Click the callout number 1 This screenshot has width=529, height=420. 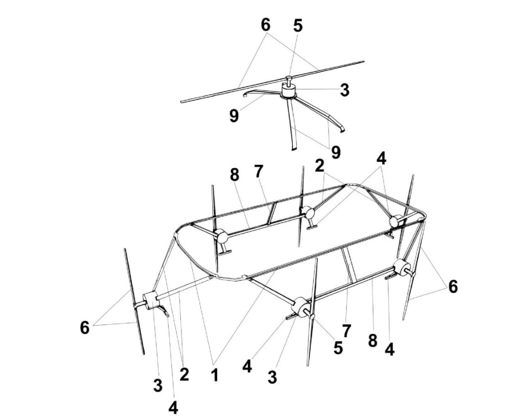click(214, 375)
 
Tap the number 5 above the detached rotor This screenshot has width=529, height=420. click(297, 26)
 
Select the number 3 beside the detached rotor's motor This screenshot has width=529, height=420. click(345, 90)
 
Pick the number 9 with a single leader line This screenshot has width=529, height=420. click(234, 116)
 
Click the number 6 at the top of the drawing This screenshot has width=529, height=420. click(265, 25)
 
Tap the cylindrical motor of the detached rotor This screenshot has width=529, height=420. click(289, 91)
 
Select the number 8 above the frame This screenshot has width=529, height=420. click(234, 175)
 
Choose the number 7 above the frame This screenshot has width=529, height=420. click(258, 171)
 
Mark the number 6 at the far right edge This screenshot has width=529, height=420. click(453, 287)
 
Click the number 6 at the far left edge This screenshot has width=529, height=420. click(85, 327)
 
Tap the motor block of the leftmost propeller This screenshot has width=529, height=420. click(151, 300)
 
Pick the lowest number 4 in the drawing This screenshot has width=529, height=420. click(173, 408)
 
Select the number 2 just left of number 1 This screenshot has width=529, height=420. click(184, 375)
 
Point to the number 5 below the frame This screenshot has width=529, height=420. click(338, 348)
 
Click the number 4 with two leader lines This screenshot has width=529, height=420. click(381, 158)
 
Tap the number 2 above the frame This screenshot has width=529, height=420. click(320, 166)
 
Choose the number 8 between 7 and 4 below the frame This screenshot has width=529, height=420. click(372, 341)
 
